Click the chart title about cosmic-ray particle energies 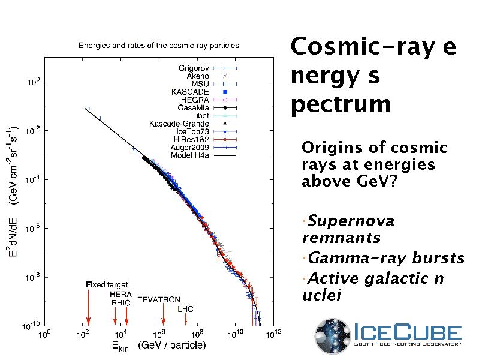pos(159,46)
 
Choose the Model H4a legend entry pos(190,155)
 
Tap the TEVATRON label pos(159,299)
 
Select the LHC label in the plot pos(186,309)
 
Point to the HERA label pos(120,295)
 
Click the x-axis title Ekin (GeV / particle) pos(158,346)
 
